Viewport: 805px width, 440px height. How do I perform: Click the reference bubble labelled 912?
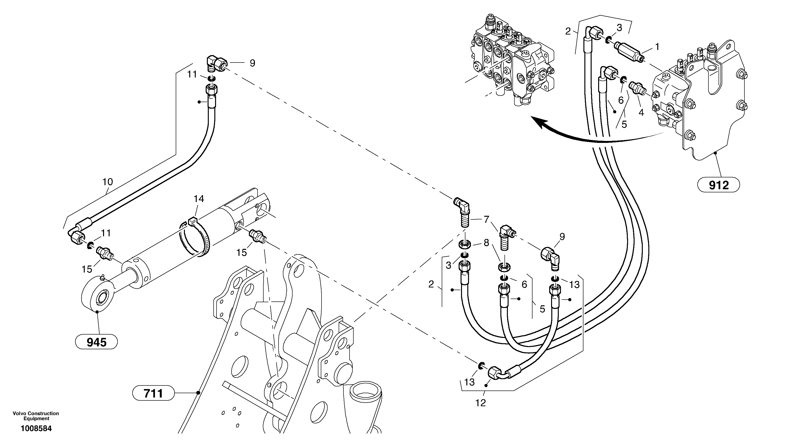718,185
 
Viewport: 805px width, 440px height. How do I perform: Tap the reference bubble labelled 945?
97,342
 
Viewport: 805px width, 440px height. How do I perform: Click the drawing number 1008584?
36,428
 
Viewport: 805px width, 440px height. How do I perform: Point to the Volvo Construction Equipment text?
36,416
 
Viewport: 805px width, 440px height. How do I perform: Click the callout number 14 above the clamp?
199,199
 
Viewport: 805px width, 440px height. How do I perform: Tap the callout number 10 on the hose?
107,182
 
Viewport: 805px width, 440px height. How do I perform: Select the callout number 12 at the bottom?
481,403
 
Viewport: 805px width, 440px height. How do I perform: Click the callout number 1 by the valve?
657,47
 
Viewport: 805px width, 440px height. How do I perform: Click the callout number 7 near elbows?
486,220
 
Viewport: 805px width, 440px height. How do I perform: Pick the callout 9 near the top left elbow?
252,63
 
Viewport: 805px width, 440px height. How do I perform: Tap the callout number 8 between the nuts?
486,243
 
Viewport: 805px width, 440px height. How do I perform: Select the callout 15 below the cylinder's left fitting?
87,269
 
